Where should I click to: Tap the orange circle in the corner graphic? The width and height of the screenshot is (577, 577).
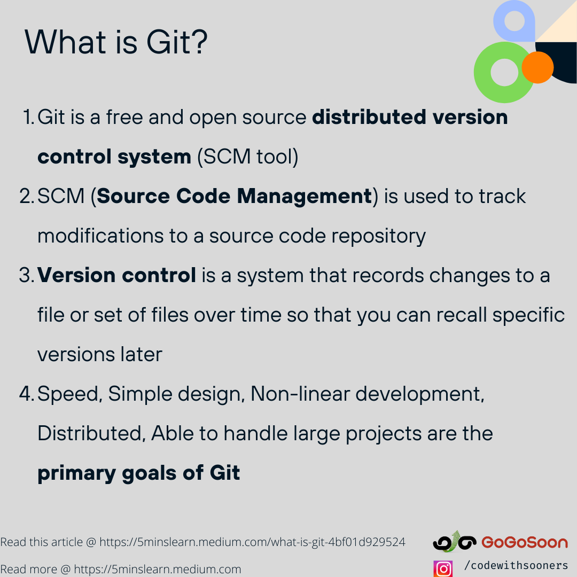pos(537,67)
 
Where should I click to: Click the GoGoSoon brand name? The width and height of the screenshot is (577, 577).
pos(525,543)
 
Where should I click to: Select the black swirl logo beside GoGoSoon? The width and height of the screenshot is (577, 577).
pos(454,542)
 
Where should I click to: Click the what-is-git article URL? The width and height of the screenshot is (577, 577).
pos(252,542)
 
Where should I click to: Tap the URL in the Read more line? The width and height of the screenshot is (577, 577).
pos(158,570)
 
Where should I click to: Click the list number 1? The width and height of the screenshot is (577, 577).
pos(29,118)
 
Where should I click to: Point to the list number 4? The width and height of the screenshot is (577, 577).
pos(27,394)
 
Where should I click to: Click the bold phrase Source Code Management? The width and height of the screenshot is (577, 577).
pos(234,197)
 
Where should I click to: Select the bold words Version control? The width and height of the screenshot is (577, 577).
pos(116,276)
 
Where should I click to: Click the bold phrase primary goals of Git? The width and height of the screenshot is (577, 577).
pos(139,473)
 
